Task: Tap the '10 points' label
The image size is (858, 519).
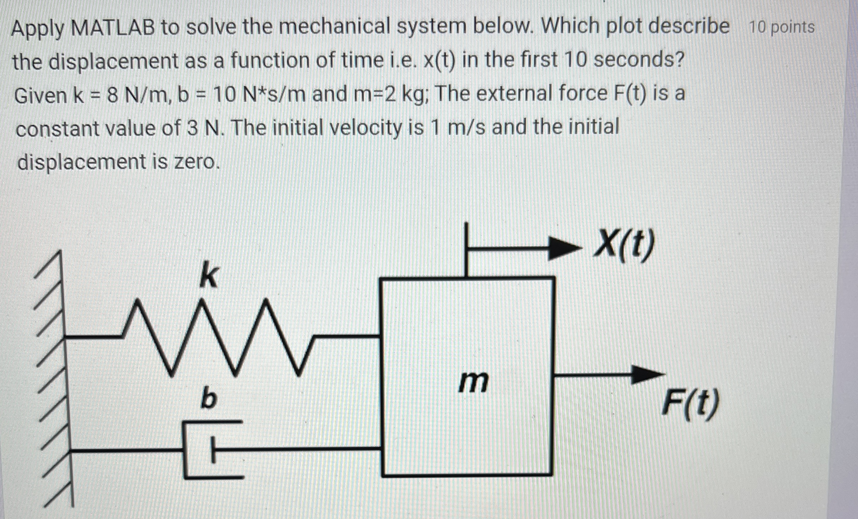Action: pos(782,27)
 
